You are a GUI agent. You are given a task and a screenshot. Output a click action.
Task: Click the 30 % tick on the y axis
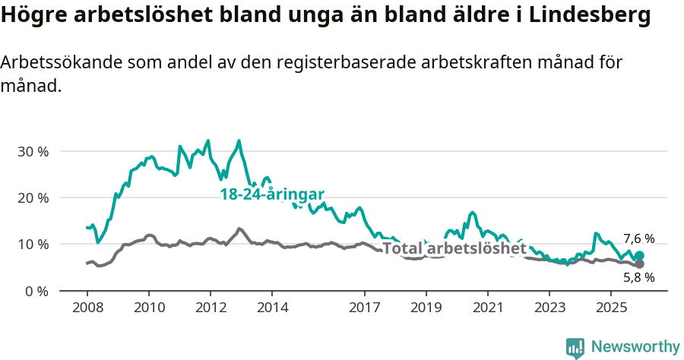(x=32, y=151)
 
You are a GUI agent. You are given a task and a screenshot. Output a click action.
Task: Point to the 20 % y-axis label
(x=32, y=197)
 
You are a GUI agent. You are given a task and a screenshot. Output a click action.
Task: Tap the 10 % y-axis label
(x=32, y=244)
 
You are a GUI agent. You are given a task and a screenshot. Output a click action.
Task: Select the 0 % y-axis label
(x=36, y=291)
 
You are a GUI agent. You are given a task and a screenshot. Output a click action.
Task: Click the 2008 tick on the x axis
(x=87, y=308)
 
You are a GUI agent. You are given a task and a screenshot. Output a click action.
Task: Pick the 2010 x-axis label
(x=148, y=308)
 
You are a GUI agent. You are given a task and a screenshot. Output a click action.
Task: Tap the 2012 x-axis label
(x=210, y=308)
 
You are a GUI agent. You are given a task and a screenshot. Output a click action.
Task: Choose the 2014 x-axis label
(x=272, y=308)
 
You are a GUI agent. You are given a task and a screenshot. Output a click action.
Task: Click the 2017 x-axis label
(x=364, y=308)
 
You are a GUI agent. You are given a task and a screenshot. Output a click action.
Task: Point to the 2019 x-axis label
(x=426, y=308)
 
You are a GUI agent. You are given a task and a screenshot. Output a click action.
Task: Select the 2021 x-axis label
(x=487, y=308)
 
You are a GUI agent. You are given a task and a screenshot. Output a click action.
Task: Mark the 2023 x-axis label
(x=549, y=308)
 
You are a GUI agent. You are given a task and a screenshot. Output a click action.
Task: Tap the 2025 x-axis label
(x=611, y=308)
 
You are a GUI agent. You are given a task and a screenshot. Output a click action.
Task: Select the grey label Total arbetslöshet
(x=454, y=249)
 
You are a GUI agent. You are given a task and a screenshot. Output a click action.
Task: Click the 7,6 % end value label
(x=638, y=238)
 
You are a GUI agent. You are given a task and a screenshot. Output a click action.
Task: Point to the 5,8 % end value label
(x=638, y=277)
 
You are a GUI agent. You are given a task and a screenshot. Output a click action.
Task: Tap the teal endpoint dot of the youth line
(x=639, y=256)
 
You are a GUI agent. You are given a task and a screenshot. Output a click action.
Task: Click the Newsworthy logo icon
(x=575, y=348)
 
